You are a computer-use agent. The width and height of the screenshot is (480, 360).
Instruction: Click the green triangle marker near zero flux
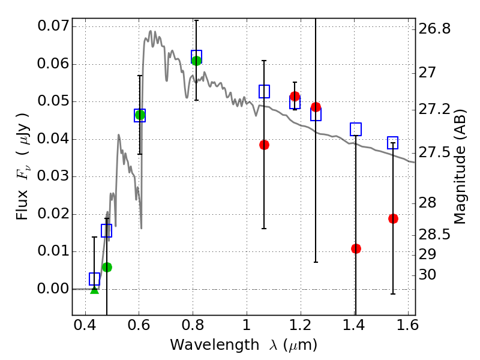coord(94,289)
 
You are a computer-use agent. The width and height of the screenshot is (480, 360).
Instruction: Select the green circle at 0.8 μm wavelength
coord(196,61)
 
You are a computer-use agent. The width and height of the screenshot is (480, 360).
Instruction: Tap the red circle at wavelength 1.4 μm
coord(356,248)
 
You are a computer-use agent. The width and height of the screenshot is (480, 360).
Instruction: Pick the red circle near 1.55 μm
coord(393,218)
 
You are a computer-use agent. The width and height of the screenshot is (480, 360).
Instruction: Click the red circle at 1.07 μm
coord(264,145)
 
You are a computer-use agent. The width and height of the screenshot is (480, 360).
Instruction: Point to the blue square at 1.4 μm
coord(356,129)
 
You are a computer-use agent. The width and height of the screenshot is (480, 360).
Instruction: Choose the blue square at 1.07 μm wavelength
coord(264,91)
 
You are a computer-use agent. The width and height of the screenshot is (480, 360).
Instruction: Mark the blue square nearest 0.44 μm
coord(94,279)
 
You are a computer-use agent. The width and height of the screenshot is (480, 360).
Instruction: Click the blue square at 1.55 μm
coord(393,143)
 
